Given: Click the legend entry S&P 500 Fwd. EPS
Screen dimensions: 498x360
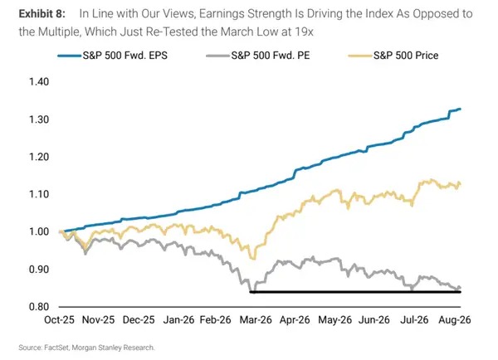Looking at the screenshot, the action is coord(113,56).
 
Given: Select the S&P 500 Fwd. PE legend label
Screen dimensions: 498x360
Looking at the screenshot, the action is coord(258,56).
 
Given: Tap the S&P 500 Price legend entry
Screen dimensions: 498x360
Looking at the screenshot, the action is coord(393,56).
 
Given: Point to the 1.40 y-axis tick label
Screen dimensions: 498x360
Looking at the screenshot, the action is coord(39,82).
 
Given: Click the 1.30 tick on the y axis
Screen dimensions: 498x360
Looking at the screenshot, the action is coord(39,119).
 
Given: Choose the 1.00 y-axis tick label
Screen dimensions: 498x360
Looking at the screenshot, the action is coord(39,231).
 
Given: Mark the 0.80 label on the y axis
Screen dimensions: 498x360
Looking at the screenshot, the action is coord(39,307).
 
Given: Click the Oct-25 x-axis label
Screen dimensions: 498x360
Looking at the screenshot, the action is coord(59,319).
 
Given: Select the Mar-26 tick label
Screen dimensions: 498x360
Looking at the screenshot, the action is coord(256,319).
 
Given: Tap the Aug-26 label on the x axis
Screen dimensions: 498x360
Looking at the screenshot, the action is coord(455,319).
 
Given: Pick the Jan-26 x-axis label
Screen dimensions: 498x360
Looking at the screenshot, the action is coord(178,319).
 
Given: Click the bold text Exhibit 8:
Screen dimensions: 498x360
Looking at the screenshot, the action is coord(42,13).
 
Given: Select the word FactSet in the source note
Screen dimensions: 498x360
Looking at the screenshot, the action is coord(56,348).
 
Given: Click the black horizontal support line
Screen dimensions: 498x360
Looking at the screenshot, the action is coord(355,292).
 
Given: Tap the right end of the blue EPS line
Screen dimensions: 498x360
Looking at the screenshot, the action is coord(460,109).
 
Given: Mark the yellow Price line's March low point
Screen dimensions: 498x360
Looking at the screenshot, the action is coord(253,259).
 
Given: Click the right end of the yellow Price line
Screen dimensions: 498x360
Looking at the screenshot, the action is coord(460,184).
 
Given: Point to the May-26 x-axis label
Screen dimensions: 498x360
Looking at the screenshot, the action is coord(335,319).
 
